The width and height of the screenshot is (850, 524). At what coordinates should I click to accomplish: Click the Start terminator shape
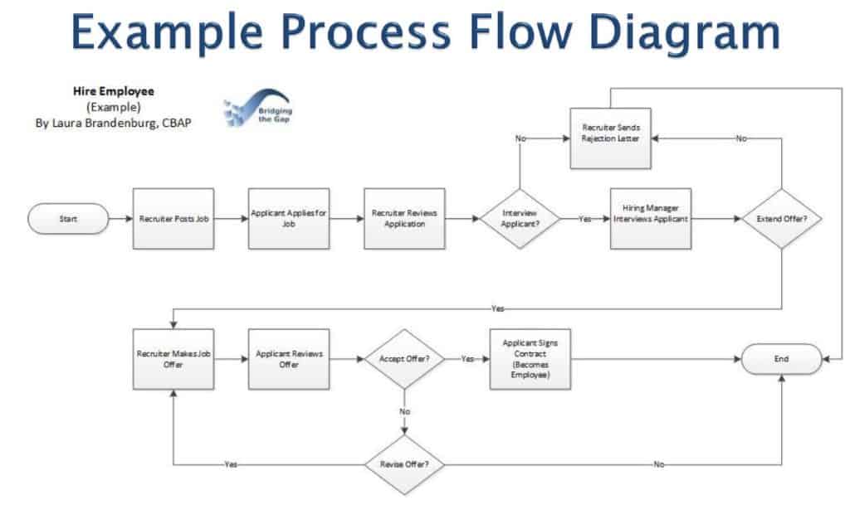69,219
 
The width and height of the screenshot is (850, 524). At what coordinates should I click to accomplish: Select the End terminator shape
781,359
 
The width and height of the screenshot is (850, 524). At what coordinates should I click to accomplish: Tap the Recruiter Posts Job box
173,219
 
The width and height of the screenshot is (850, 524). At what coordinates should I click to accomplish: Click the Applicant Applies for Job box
289,219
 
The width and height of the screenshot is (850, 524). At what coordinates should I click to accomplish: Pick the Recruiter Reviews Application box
404,219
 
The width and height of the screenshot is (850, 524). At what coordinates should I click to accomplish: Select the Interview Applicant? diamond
520,219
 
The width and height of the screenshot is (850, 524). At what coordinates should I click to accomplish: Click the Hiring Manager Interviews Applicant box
651,219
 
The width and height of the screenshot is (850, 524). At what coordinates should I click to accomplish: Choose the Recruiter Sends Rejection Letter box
610,137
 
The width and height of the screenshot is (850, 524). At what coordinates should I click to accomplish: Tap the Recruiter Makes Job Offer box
173,359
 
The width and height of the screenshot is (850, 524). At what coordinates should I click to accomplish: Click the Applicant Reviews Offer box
289,359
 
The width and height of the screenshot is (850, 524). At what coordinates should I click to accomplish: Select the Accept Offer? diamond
404,359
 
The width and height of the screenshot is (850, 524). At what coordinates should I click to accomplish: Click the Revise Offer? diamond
404,463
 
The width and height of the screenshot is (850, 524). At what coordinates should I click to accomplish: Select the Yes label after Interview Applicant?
585,219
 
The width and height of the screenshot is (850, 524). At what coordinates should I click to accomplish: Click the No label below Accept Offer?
405,411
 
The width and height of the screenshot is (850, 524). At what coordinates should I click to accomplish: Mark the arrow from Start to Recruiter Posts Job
121,219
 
